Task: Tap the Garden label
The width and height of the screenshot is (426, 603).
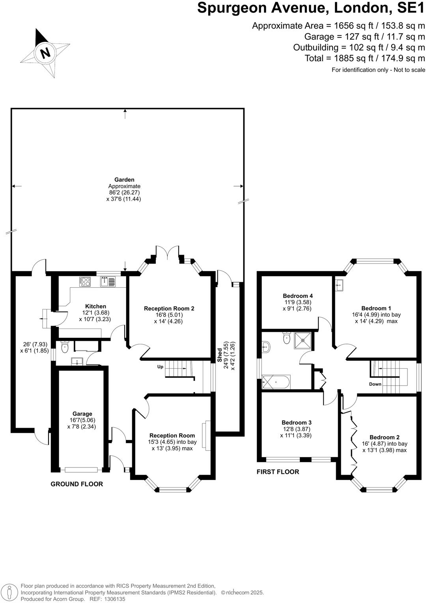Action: click(124, 180)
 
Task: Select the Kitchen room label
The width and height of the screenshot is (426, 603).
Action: click(95, 306)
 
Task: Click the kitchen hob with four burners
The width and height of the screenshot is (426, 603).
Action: click(85, 281)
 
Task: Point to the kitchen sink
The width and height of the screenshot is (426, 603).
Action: click(107, 282)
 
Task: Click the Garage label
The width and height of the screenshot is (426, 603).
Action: click(82, 414)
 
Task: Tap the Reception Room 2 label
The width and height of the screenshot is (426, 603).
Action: click(169, 309)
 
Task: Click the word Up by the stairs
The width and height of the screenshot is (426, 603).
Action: click(160, 367)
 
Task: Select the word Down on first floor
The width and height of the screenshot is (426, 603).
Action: click(375, 384)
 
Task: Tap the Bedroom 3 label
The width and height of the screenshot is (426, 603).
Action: click(297, 423)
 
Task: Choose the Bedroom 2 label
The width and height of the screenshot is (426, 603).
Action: click(385, 437)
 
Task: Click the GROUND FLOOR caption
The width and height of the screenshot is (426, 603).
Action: click(77, 484)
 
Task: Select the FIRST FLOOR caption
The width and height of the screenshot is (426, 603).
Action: click(278, 472)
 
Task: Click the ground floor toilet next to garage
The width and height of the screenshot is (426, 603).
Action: click(65, 347)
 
